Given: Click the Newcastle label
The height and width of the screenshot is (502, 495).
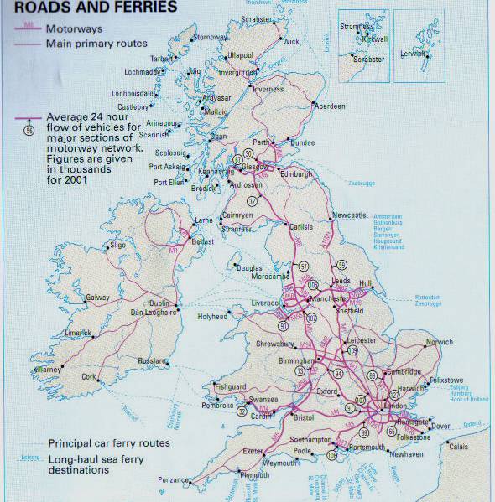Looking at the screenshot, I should click(350, 215).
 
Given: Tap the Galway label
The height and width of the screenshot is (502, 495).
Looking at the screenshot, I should click(97, 298).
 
